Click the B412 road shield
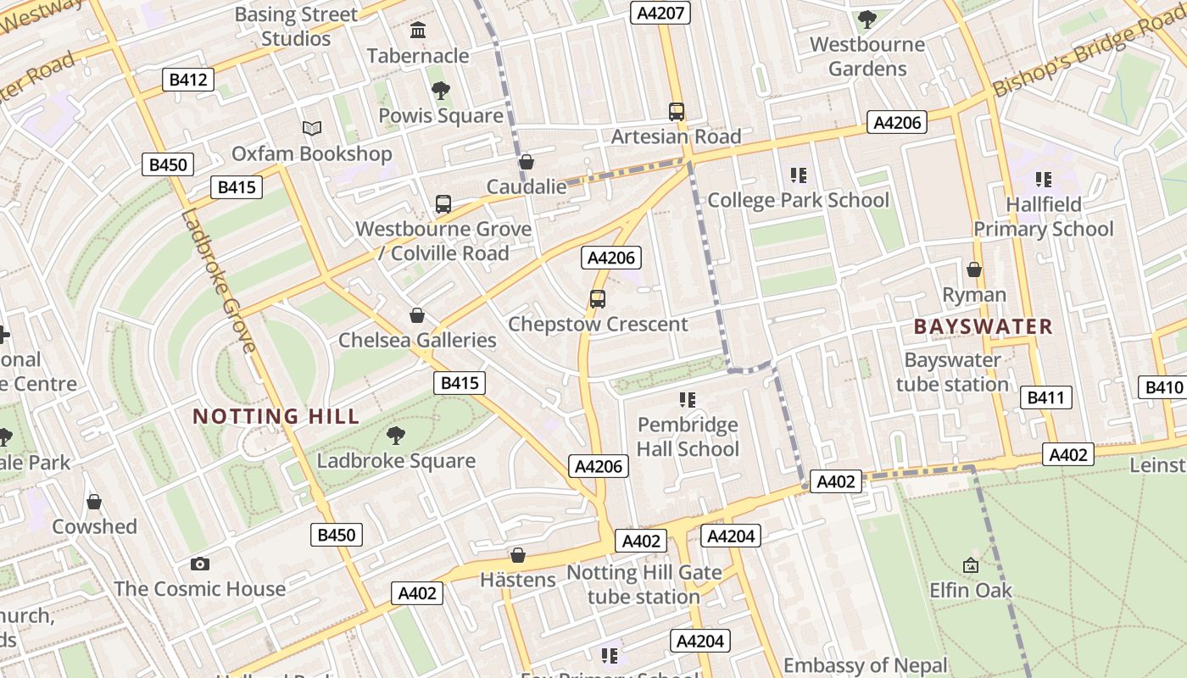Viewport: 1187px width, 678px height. point(188,80)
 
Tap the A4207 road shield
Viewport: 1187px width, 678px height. point(660,12)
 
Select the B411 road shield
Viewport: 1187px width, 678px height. point(1045,397)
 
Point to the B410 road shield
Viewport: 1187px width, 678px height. point(1163,387)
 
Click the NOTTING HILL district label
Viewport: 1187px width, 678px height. point(276,416)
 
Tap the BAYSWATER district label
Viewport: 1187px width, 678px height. point(983,326)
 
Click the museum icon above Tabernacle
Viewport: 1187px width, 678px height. point(418,31)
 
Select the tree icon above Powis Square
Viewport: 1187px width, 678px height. point(440,91)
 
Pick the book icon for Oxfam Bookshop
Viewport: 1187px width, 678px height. point(312,129)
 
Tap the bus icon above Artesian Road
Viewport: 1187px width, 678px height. point(676,111)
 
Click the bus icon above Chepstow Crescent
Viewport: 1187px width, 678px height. point(598,299)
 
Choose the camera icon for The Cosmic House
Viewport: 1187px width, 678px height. point(200,564)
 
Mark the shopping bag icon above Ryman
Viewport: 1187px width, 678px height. point(974,270)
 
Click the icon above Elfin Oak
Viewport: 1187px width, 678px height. point(971,564)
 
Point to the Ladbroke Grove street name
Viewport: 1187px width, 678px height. point(218,280)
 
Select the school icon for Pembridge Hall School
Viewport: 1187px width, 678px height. point(688,399)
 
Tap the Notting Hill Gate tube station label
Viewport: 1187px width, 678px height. point(644,585)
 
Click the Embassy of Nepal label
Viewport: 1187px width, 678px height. point(865,665)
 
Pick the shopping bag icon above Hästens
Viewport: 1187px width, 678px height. point(518,555)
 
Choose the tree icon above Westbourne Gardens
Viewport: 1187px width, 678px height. point(867,19)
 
